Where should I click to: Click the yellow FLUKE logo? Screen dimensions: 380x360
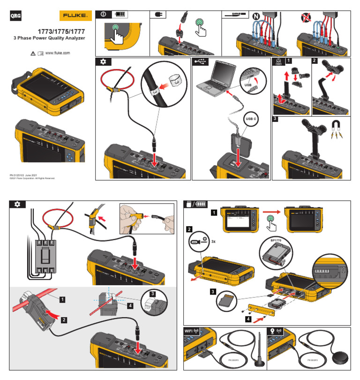[75, 16]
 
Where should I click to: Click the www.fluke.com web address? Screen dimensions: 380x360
[57, 53]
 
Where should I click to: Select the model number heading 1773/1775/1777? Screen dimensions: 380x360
[55, 31]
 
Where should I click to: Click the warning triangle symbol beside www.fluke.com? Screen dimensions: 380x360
[32, 54]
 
